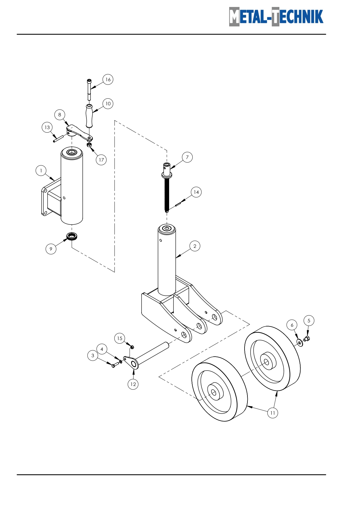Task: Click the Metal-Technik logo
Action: pos(276,17)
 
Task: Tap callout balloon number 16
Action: pos(108,80)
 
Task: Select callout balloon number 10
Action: pos(108,104)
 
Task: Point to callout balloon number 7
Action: pos(187,157)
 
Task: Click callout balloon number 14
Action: pos(196,192)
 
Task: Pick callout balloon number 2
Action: pos(195,246)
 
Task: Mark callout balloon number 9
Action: pos(51,249)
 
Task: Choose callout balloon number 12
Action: pos(133,384)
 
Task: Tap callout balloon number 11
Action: pos(273,413)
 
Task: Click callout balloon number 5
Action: pos(309,321)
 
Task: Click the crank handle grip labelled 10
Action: pos(89,116)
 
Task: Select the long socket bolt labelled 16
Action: pos(89,90)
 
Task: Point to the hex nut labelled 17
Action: pos(89,145)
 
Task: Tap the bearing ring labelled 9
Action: pos(72,236)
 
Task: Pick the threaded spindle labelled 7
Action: pos(167,187)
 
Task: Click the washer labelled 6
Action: pos(300,343)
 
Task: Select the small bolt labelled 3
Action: pos(115,364)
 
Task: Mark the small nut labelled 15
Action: pos(132,347)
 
